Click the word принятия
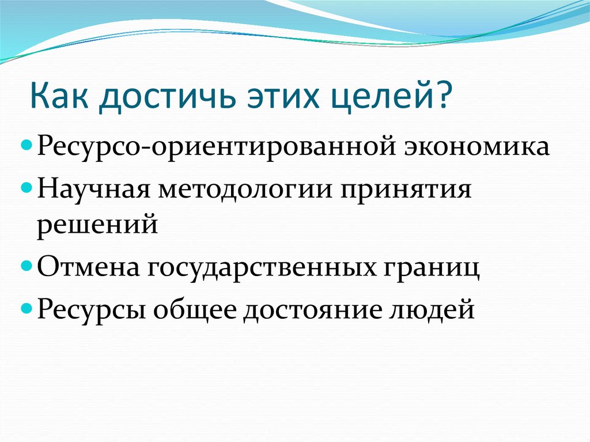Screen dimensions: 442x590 pos(405,190)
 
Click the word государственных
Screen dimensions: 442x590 pos(263,269)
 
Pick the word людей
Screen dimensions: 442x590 pos(439,310)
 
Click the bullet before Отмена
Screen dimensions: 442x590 pos(29,268)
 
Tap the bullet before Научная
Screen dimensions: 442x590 pos(29,188)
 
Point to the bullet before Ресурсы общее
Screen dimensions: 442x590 pos(29,309)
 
